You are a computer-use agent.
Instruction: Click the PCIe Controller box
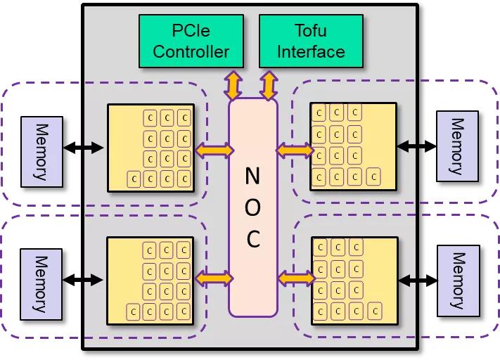click(x=191, y=41)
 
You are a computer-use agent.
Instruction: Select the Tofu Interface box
click(x=311, y=41)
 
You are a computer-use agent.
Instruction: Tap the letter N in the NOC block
click(x=252, y=176)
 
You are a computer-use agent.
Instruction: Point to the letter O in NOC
click(x=252, y=208)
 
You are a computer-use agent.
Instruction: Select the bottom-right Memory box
click(x=458, y=279)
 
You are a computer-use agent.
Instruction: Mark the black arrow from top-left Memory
click(x=83, y=148)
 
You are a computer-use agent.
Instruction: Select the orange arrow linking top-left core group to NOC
click(x=214, y=150)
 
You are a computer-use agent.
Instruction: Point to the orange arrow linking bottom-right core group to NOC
click(x=295, y=279)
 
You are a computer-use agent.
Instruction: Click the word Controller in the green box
click(x=191, y=51)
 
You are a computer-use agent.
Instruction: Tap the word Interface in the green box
click(x=311, y=51)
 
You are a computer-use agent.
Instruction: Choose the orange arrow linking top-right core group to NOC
click(x=294, y=150)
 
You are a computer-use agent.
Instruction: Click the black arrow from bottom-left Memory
click(x=83, y=279)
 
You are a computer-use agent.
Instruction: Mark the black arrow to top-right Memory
click(x=416, y=146)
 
